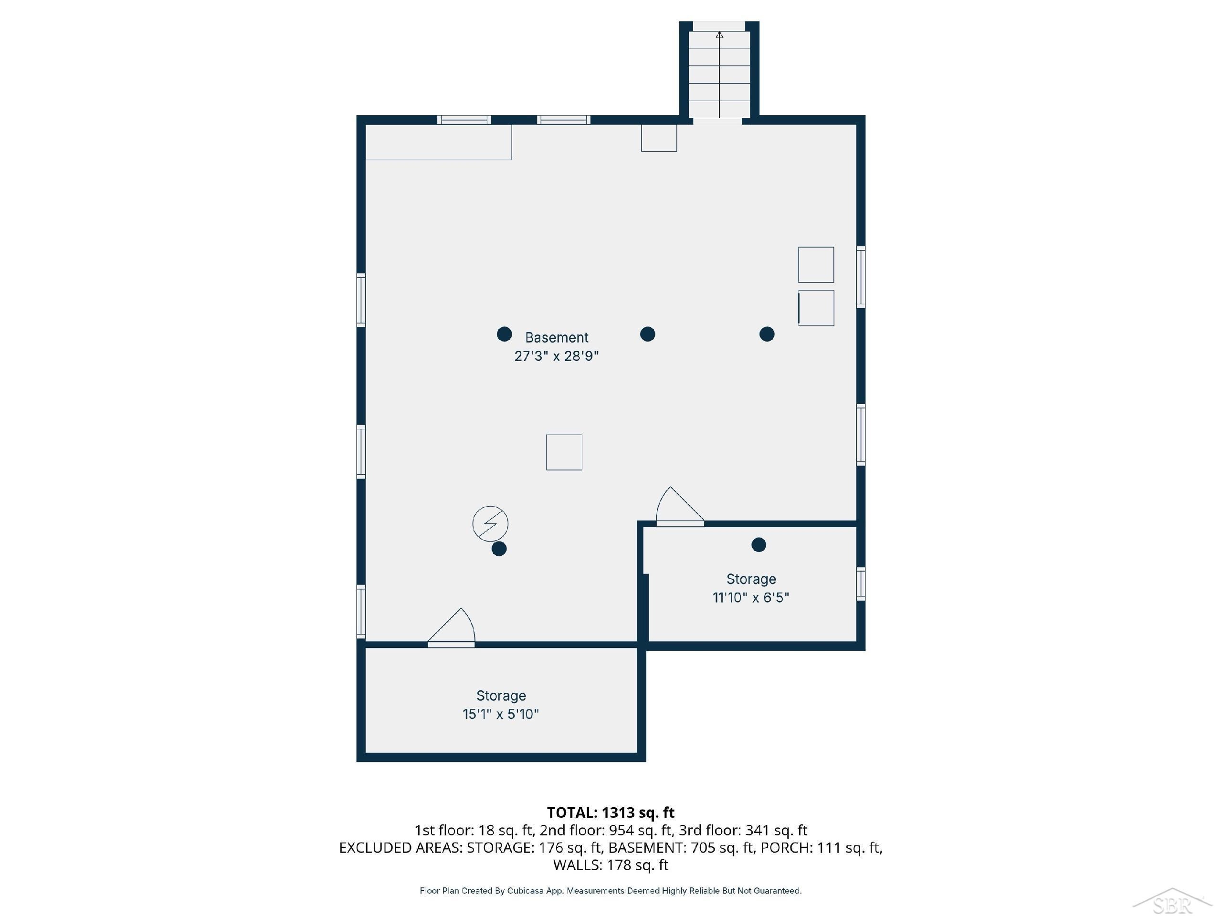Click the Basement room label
pos(556,337)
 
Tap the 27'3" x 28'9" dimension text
pos(556,356)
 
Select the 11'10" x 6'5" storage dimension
pos(751,597)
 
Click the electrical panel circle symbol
pos(490,523)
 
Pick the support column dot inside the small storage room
pos(758,545)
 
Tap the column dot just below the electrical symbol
pos(499,549)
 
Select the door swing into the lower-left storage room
pos(452,627)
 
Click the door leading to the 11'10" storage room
pos(680,506)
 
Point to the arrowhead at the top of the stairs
pos(719,34)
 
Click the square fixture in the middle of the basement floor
pos(564,452)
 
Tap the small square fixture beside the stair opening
pos(659,138)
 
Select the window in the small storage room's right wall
pos(861,583)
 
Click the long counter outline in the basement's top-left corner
pos(439,143)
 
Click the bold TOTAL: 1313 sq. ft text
pos(611,813)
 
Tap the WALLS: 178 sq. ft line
pos(611,865)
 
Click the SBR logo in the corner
pos(1172,902)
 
